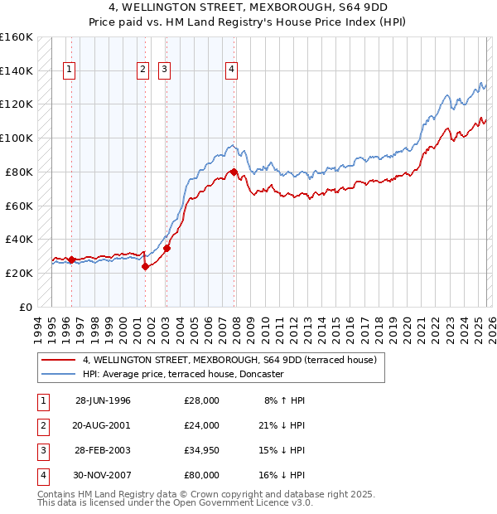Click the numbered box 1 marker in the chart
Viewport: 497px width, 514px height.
(x=68, y=70)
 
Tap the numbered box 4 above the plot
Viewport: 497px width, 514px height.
(x=231, y=70)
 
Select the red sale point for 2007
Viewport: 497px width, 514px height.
(x=234, y=172)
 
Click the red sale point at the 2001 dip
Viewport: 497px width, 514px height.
(x=145, y=266)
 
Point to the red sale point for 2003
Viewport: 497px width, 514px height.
(x=166, y=247)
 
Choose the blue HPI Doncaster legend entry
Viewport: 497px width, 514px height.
(x=183, y=374)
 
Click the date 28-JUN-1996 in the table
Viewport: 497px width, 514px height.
(x=103, y=400)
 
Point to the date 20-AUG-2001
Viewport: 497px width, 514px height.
(x=103, y=425)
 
